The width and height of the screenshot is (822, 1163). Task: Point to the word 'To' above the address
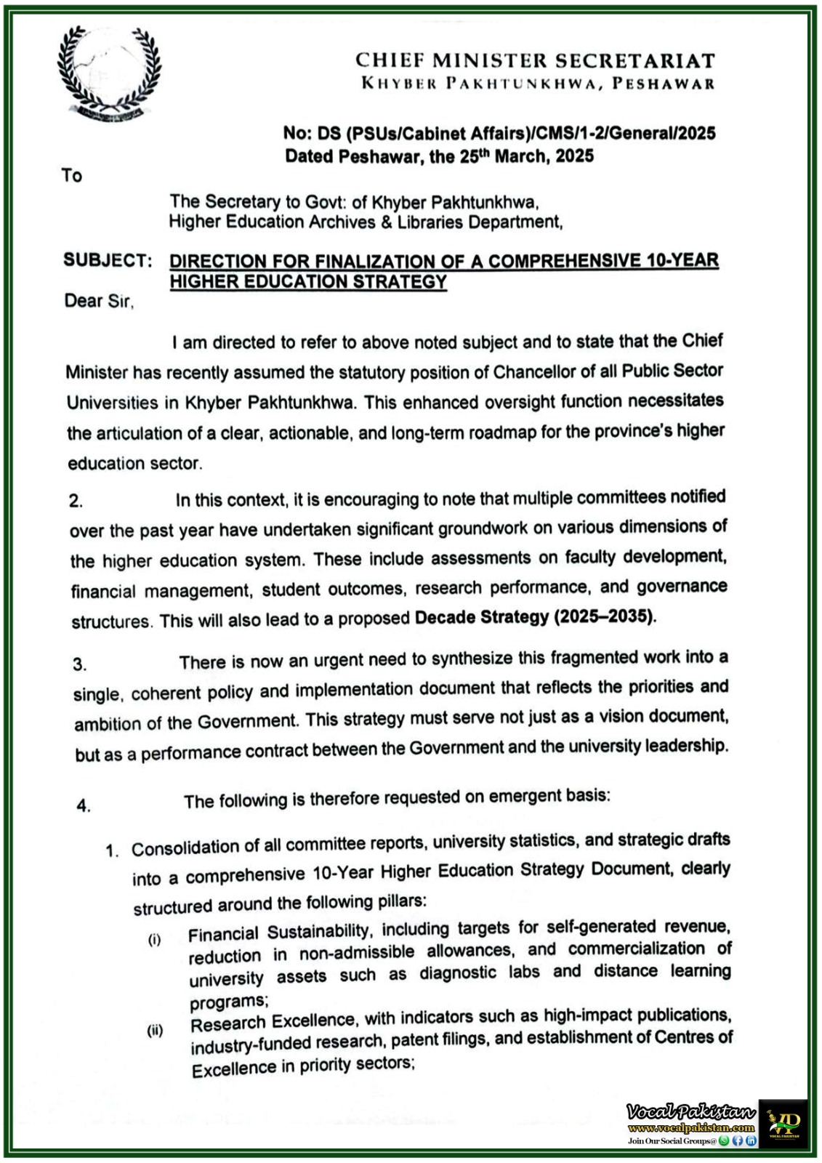[x=72, y=175]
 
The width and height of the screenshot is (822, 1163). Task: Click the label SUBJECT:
[x=108, y=260]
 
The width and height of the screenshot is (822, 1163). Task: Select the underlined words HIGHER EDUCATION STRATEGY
[x=308, y=282]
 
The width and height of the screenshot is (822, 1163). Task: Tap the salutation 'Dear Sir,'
[x=100, y=301]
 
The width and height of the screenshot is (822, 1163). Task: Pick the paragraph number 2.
[x=76, y=501]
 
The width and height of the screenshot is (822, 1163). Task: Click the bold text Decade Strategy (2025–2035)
[x=535, y=617]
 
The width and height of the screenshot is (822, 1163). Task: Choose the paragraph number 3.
[x=80, y=664]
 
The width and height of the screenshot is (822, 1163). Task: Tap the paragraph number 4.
[x=84, y=805]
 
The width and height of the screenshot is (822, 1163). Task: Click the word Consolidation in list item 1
[x=185, y=848]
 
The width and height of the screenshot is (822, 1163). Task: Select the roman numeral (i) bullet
[x=155, y=940]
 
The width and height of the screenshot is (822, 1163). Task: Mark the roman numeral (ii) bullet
[x=155, y=1030]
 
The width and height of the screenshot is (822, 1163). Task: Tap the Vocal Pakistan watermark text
[x=690, y=1112]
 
